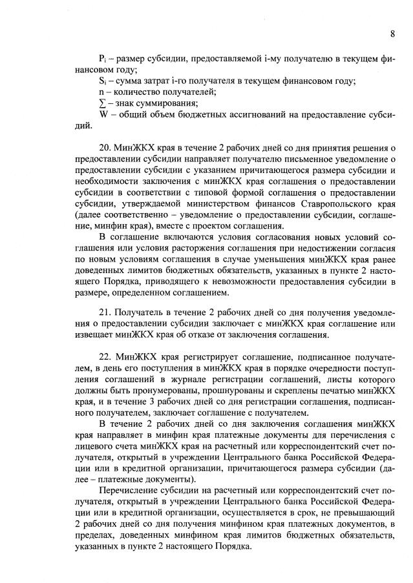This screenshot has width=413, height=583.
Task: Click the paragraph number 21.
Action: (x=105, y=312)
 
